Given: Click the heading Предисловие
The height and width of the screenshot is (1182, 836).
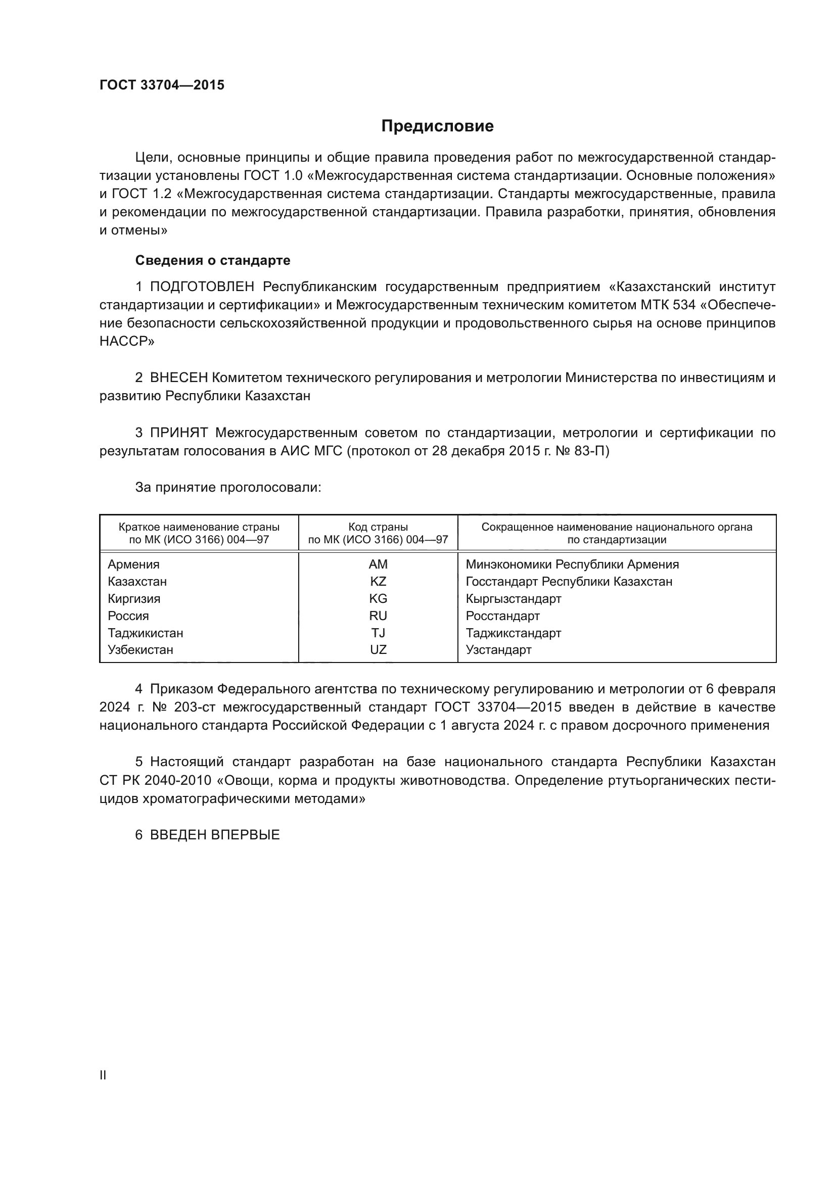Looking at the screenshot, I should (x=437, y=126).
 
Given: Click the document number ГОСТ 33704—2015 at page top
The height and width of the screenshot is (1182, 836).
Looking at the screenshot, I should (x=162, y=85).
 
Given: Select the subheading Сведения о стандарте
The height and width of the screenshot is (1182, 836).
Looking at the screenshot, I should (x=213, y=260).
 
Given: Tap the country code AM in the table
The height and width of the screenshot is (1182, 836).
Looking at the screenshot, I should (x=378, y=564).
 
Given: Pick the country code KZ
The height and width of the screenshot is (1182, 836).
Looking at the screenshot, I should (x=378, y=582).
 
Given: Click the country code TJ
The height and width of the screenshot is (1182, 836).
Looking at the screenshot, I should (x=378, y=633).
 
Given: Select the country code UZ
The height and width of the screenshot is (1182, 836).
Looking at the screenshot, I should (x=378, y=650).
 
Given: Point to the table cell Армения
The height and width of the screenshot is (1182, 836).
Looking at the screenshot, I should (x=133, y=564).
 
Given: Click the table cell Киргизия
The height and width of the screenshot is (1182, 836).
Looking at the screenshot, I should (x=134, y=599).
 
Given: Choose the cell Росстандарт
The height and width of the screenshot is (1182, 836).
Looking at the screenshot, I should (x=502, y=616).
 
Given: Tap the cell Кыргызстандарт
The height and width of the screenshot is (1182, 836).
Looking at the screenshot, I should (x=513, y=599).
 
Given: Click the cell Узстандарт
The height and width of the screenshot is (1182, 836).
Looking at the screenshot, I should (x=498, y=650).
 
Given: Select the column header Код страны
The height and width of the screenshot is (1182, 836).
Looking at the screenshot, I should (x=378, y=527).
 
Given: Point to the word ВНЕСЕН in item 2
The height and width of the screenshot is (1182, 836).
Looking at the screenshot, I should (x=178, y=378).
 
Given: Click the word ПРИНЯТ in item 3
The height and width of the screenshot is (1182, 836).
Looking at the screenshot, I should (x=178, y=433).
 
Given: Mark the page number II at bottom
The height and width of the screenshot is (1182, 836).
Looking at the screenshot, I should (x=103, y=1075).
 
